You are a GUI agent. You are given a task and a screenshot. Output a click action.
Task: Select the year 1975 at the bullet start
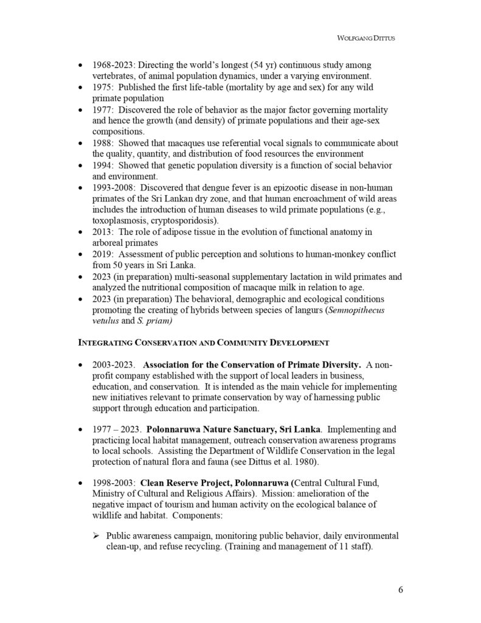click(x=102, y=87)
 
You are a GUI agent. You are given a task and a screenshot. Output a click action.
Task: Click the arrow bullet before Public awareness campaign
click(x=97, y=536)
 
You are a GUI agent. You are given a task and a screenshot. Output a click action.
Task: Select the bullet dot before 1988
click(x=82, y=143)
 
